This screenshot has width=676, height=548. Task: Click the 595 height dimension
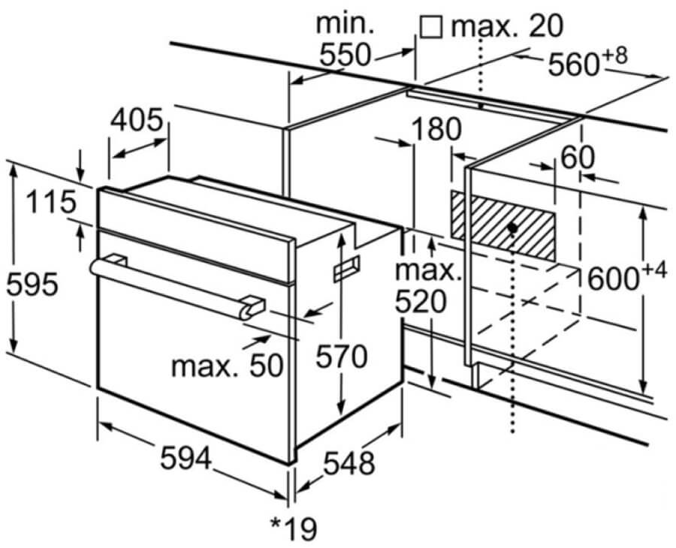[x=32, y=284]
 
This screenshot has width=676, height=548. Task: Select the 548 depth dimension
[x=349, y=464]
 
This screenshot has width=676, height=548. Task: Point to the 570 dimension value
[x=342, y=357]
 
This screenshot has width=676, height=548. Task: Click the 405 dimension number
[x=137, y=120]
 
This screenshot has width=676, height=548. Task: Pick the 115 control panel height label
[x=50, y=202]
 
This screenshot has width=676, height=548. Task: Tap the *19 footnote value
[x=294, y=528]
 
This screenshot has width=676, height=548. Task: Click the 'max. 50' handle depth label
[x=227, y=366]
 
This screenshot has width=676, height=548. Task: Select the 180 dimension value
[x=436, y=129]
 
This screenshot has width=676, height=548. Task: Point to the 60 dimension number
[x=578, y=157]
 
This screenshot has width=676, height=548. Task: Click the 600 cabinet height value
[x=613, y=278]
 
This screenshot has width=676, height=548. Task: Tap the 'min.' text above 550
[x=346, y=24]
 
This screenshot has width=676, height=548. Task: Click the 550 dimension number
[x=345, y=54]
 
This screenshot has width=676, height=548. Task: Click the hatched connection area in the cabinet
[x=502, y=226]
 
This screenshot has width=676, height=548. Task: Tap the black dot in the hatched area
[x=512, y=228]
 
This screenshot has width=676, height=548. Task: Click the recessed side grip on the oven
[x=346, y=269]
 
